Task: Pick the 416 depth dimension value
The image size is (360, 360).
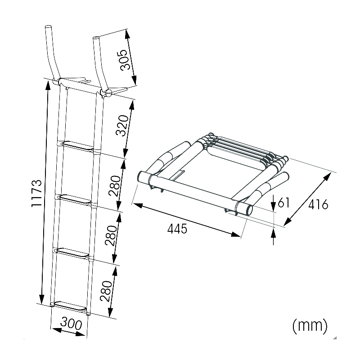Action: pyautogui.click(x=319, y=205)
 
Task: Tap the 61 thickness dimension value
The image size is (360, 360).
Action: pyautogui.click(x=283, y=203)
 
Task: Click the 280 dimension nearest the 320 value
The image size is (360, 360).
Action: pyautogui.click(x=115, y=184)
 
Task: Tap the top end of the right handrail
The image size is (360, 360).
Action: pyautogui.click(x=95, y=38)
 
